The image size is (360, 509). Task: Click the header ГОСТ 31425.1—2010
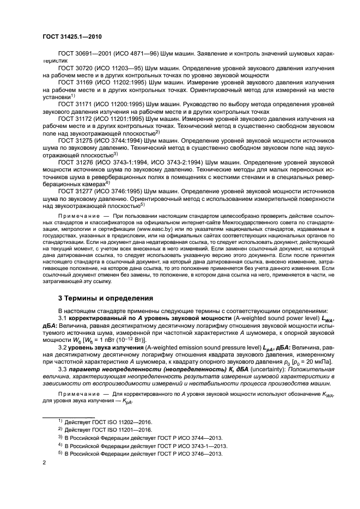71,37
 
